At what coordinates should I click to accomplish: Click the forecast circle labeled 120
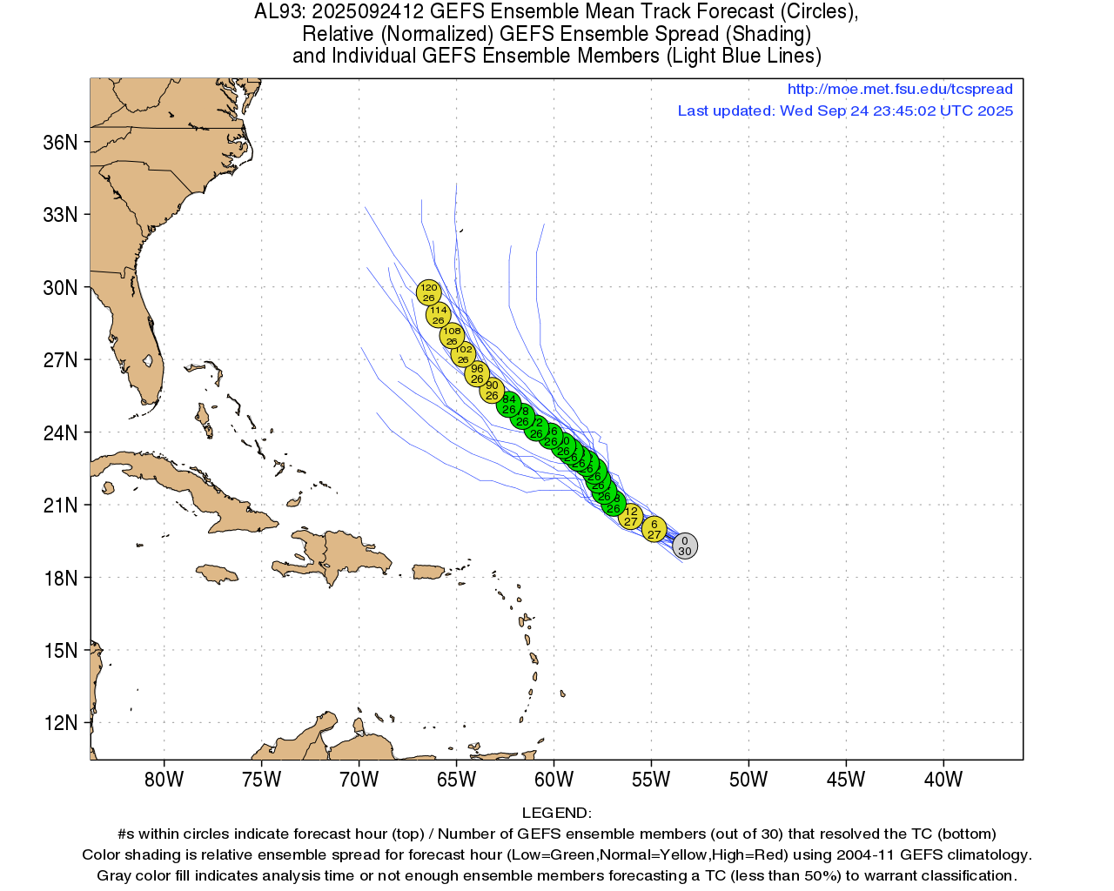(x=428, y=292)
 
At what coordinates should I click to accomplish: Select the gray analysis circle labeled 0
(x=685, y=546)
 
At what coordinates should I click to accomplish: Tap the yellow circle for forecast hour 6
(x=654, y=529)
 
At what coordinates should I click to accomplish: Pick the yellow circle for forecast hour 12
(x=631, y=516)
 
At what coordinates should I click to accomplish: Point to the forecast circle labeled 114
(x=439, y=315)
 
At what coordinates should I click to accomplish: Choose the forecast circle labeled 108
(x=452, y=336)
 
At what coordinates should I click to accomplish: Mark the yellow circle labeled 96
(x=477, y=373)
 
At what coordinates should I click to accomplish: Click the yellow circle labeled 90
(x=492, y=391)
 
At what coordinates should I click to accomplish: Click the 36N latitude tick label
(x=60, y=142)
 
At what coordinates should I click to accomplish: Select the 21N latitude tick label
(x=60, y=506)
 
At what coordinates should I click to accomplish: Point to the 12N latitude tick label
(x=60, y=723)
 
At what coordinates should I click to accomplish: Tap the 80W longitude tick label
(x=164, y=780)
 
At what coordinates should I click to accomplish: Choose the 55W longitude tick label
(x=651, y=780)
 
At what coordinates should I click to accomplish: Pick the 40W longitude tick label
(x=943, y=780)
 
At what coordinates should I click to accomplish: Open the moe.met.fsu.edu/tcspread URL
(x=900, y=89)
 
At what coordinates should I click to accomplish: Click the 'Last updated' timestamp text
(x=845, y=111)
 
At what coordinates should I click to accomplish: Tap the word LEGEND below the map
(x=556, y=813)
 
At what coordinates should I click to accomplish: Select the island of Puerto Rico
(x=428, y=572)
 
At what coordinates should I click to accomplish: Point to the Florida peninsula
(x=139, y=357)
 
